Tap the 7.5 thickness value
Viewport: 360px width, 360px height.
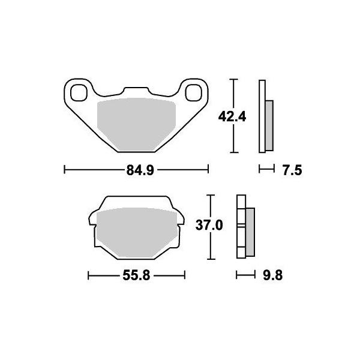tap(290, 170)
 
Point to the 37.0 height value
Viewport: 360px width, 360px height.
tap(210, 226)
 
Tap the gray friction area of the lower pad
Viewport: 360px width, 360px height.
tap(136, 232)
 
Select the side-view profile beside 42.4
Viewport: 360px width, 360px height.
tap(266, 116)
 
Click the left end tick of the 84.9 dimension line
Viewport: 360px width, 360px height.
tap(64, 170)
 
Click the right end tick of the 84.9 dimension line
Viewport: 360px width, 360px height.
tap(208, 170)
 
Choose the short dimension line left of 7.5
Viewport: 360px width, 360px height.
tap(265, 170)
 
